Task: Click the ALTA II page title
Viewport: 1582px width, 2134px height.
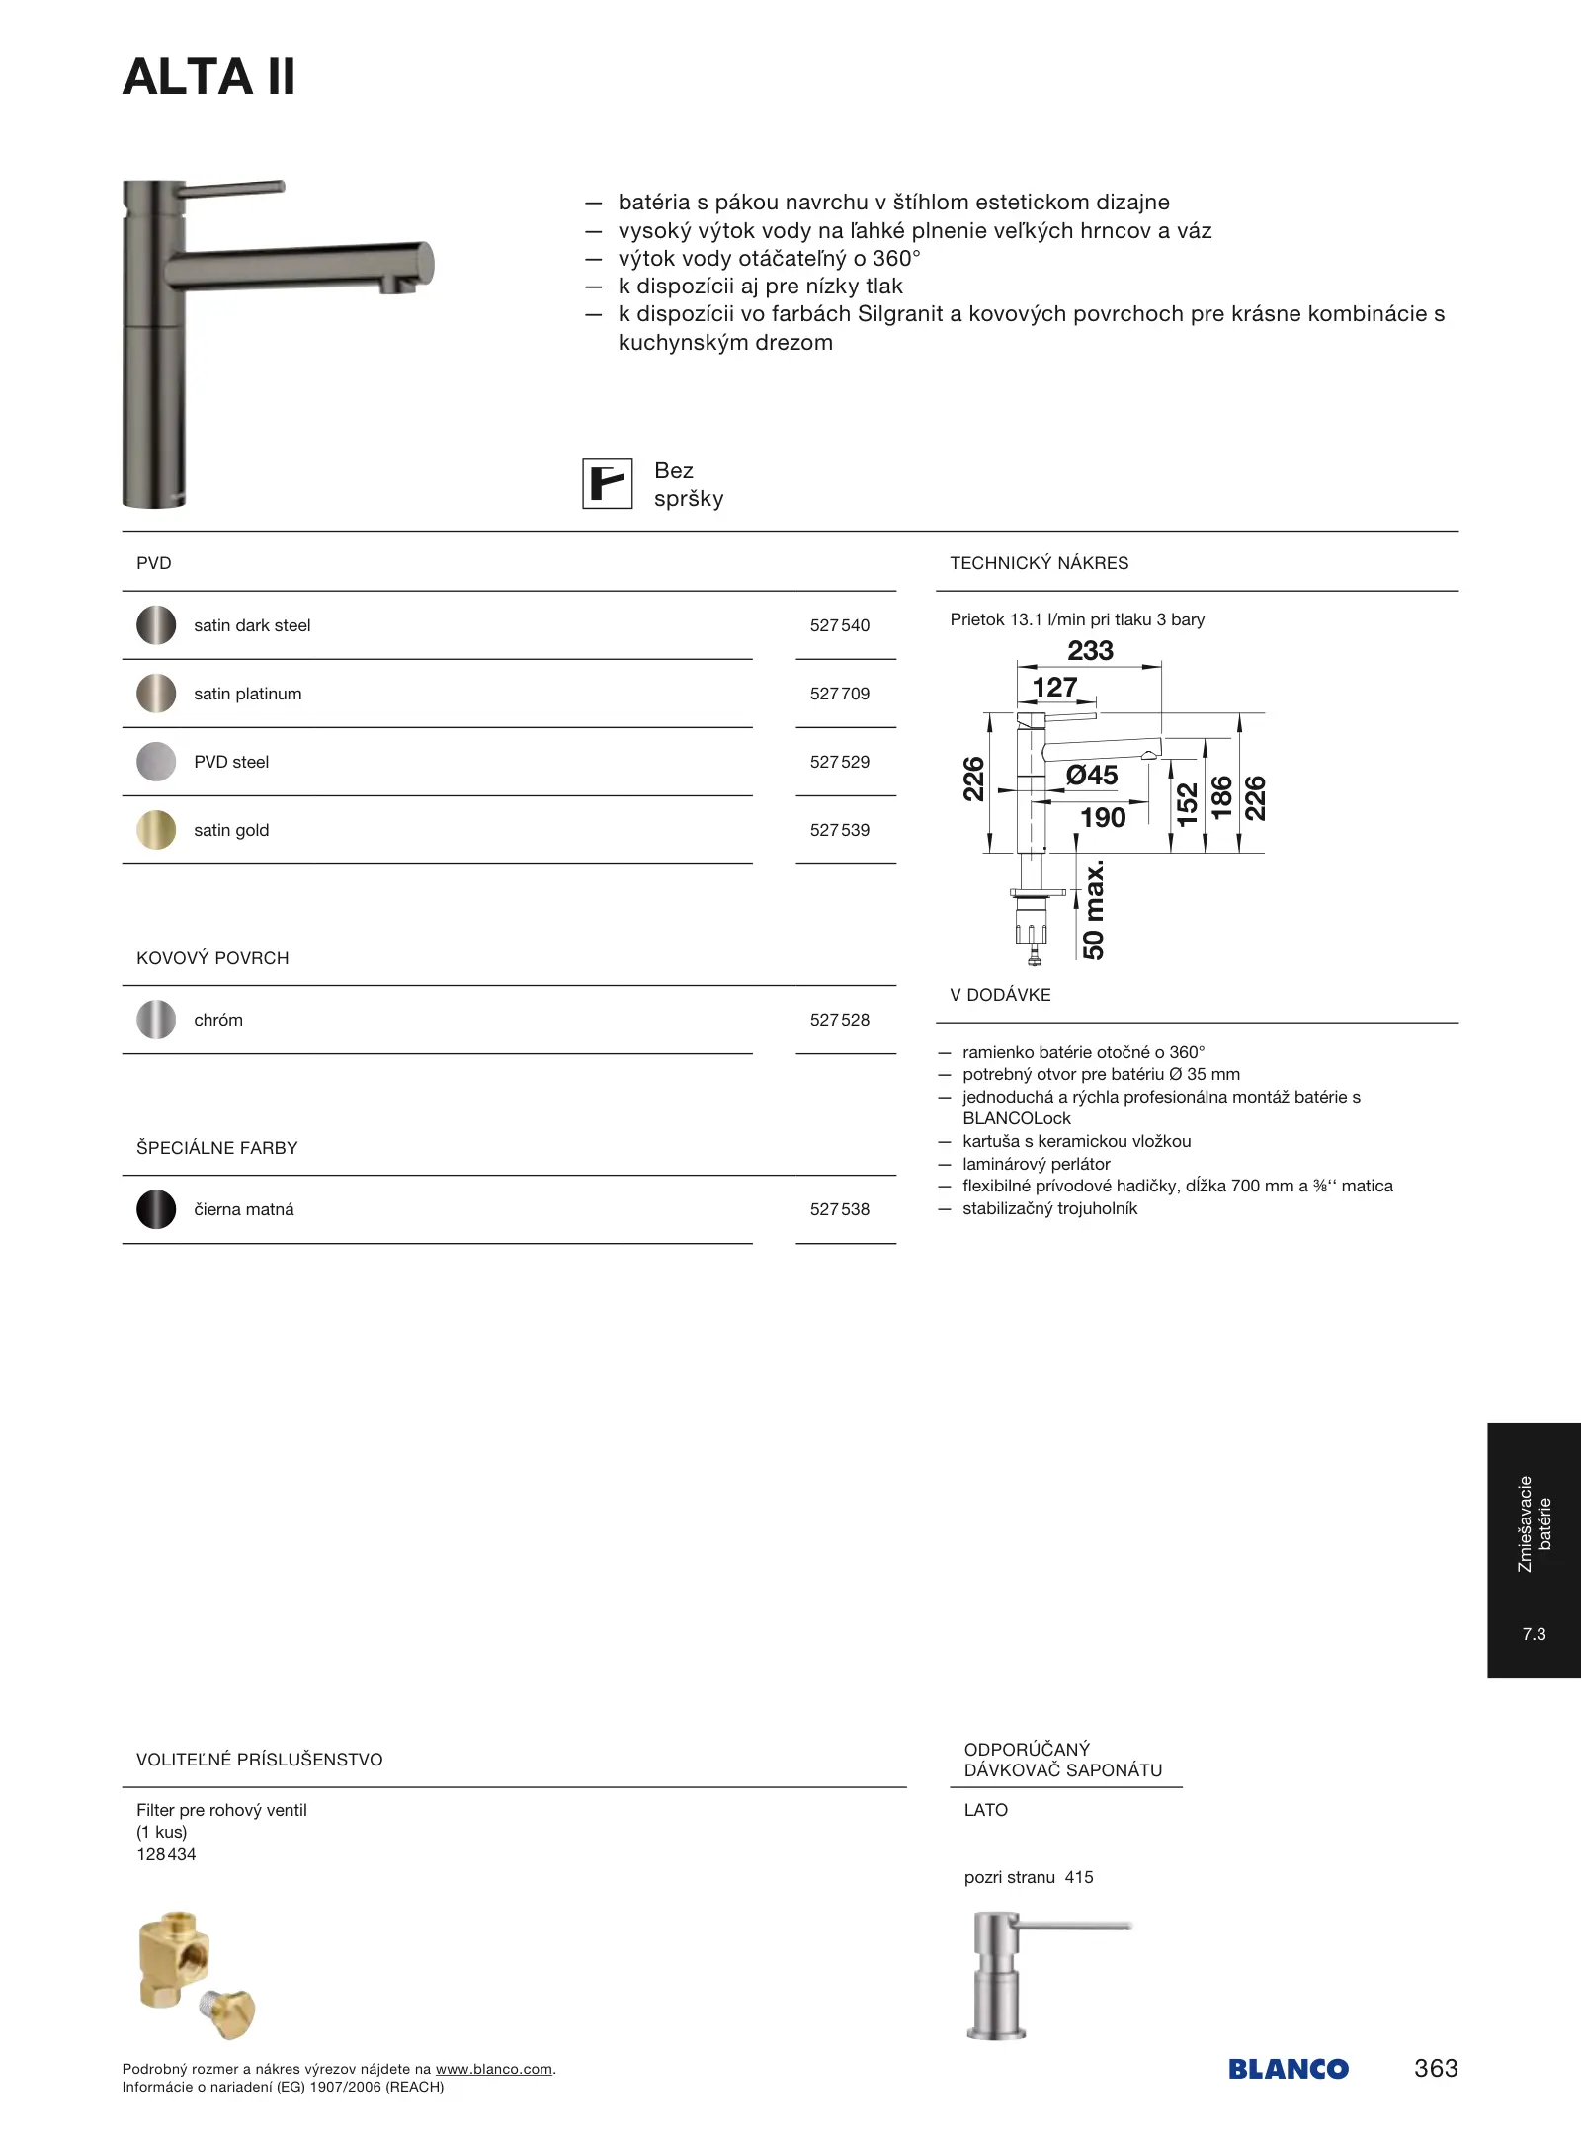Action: (208, 77)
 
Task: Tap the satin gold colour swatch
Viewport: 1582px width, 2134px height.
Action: (156, 830)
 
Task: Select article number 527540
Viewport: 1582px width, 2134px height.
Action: (839, 625)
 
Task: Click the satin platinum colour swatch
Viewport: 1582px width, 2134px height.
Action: (156, 694)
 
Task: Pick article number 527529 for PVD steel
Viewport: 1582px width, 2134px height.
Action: (839, 762)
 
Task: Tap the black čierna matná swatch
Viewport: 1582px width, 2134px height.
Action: (156, 1209)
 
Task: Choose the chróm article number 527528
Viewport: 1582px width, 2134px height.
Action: (839, 1020)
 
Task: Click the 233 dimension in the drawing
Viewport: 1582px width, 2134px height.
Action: (1090, 651)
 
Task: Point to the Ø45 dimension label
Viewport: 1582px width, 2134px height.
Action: (1092, 776)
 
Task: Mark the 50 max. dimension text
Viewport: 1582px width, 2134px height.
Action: (1093, 910)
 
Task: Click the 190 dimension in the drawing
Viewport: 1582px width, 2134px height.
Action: (1103, 818)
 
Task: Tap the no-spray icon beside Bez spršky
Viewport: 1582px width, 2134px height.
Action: (607, 484)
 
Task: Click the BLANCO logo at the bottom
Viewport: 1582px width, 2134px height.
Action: (1288, 2069)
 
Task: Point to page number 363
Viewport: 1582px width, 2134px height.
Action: (1436, 2068)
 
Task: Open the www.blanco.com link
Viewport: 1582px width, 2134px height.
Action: (493, 2069)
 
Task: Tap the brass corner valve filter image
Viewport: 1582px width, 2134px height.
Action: (196, 1975)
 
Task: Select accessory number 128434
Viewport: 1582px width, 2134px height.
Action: (166, 1854)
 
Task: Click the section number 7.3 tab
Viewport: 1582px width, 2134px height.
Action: (1534, 1634)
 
